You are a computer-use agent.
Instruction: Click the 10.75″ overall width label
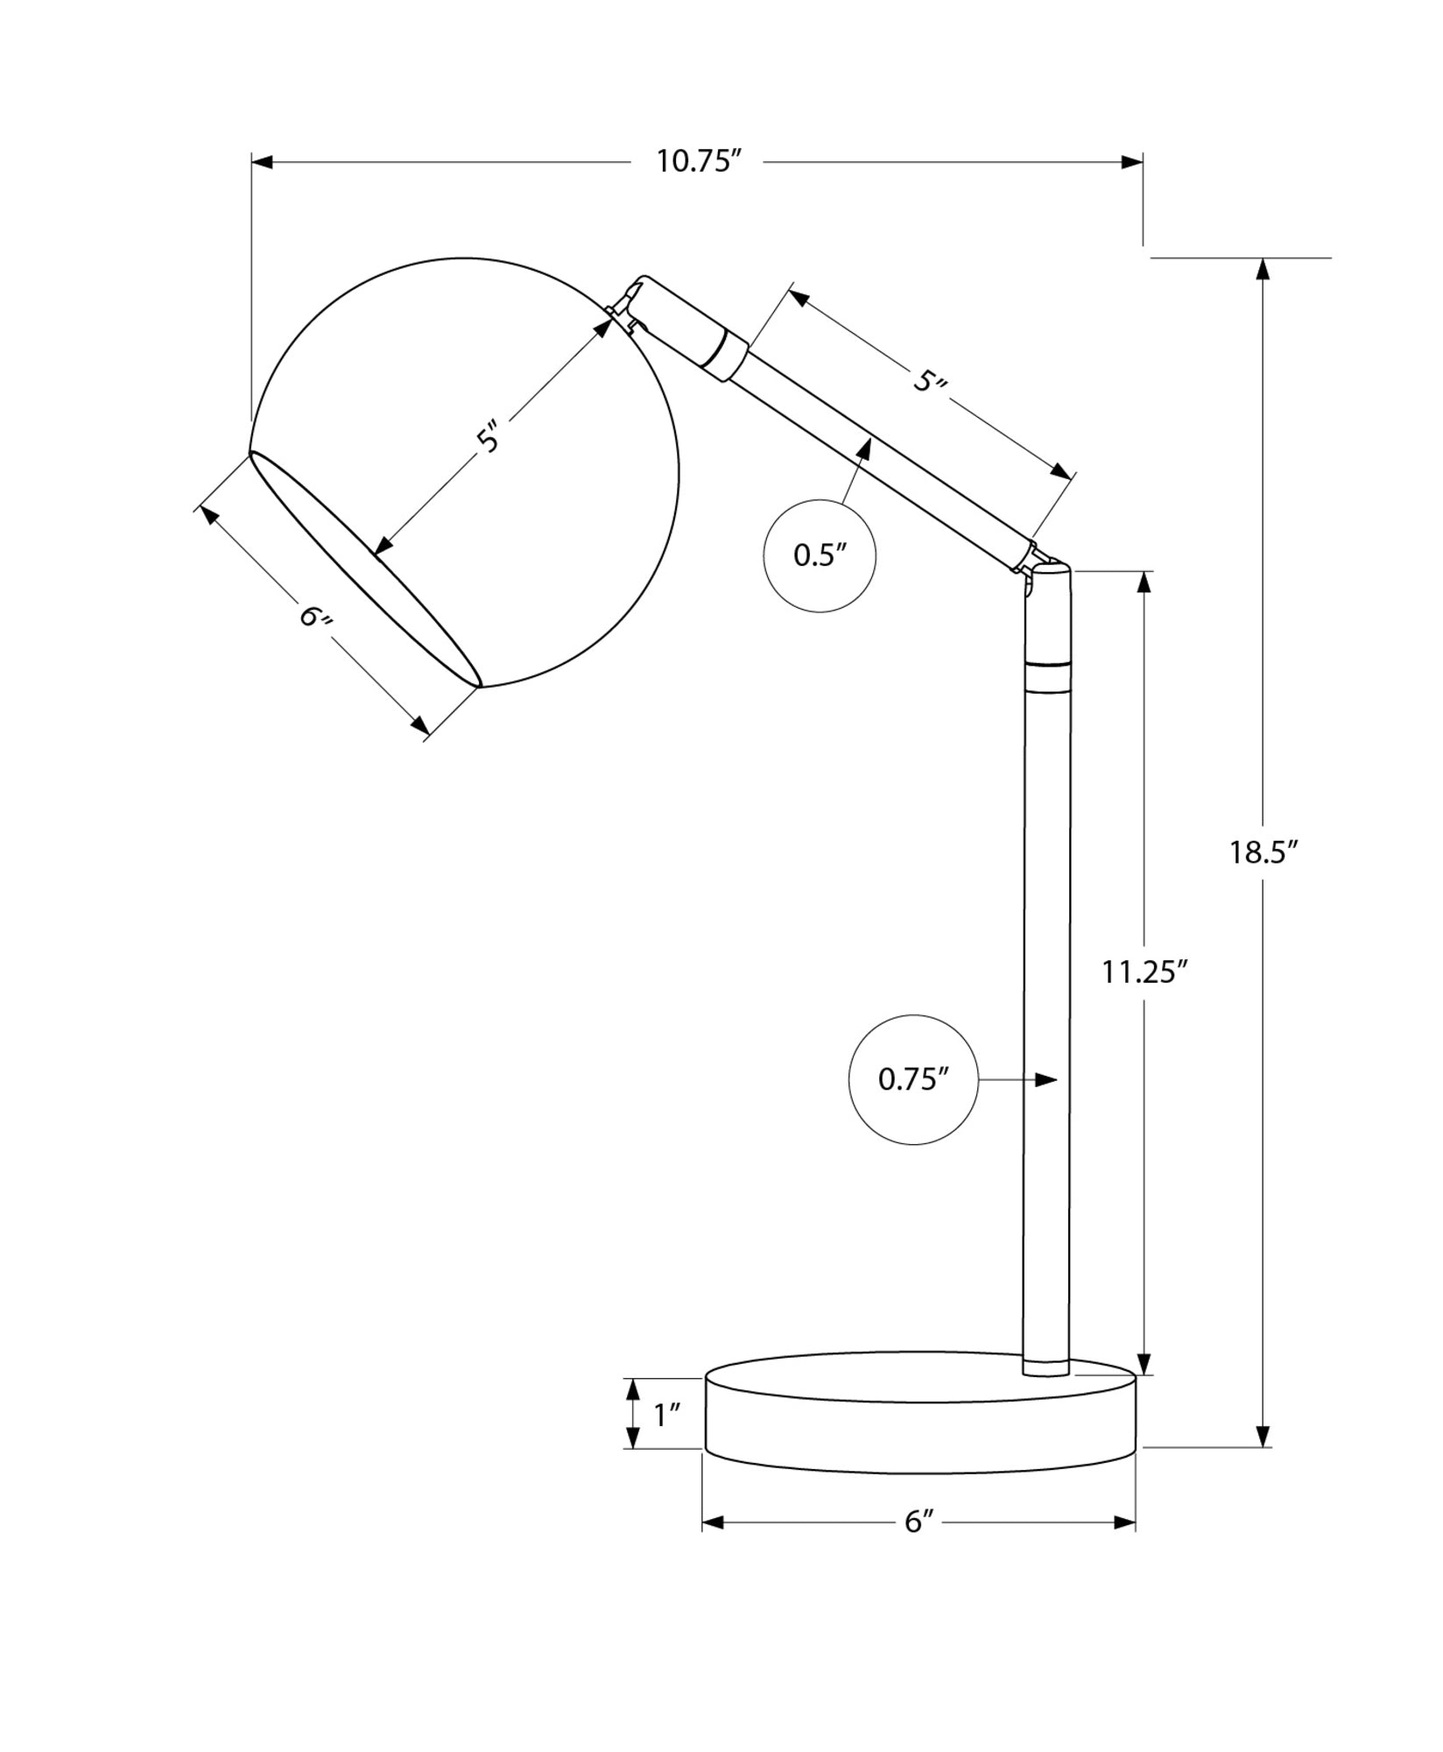point(699,161)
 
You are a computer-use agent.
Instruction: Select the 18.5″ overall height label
point(1262,851)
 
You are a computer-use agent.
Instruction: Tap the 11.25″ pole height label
point(1144,971)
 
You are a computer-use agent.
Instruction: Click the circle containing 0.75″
point(913,1079)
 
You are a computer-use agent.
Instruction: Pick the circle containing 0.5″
point(820,555)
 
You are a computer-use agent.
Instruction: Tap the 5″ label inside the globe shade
point(493,436)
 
